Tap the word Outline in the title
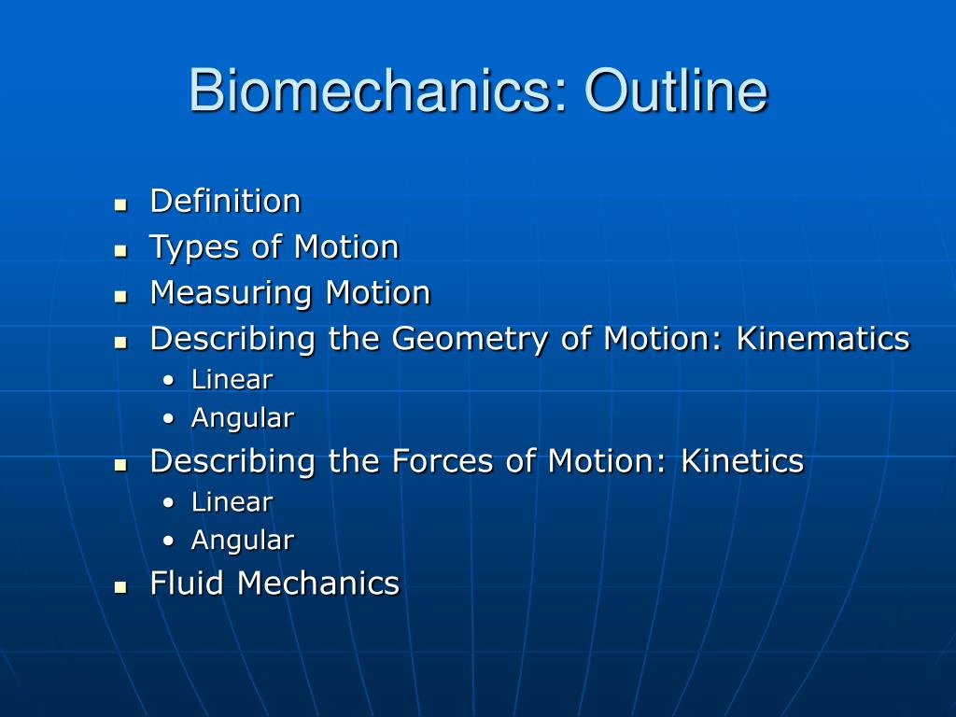[x=676, y=91]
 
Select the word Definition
[x=226, y=202]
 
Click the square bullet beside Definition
[x=120, y=204]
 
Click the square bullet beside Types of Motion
[x=120, y=250]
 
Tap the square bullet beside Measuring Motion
[x=120, y=297]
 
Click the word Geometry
[x=471, y=340]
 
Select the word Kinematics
[x=823, y=338]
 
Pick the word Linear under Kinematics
[x=232, y=380]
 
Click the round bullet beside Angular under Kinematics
[x=169, y=419]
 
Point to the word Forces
[x=443, y=461]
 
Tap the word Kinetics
[x=742, y=461]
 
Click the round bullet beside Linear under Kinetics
[x=169, y=503]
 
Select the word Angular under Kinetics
[x=243, y=541]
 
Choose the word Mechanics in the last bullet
[x=318, y=583]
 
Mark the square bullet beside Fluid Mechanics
[x=120, y=587]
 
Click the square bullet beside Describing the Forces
[x=120, y=465]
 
